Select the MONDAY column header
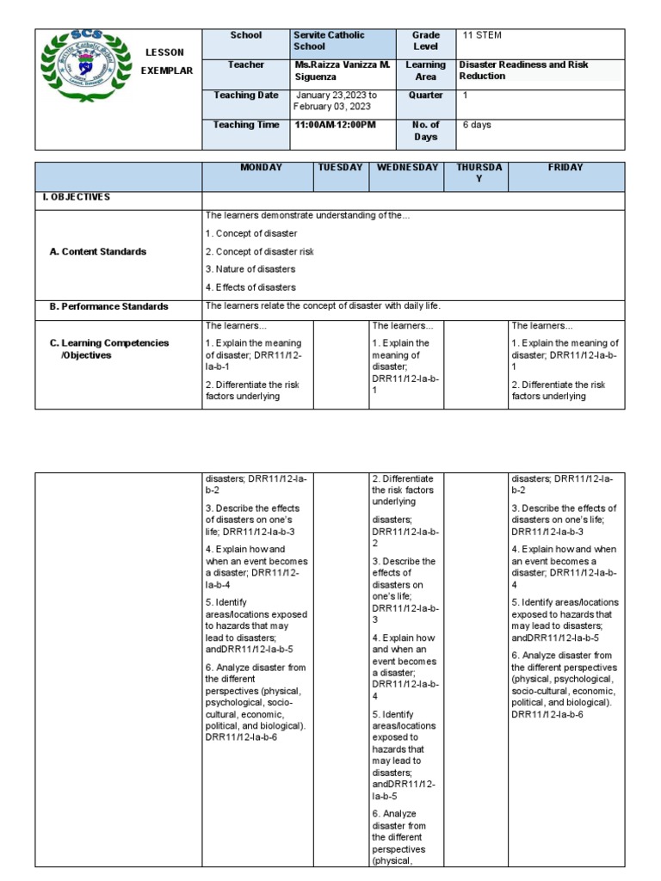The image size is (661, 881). tap(261, 168)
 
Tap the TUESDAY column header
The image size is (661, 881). tap(340, 168)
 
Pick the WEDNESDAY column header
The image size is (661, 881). tap(407, 168)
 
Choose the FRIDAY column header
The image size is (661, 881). tap(565, 168)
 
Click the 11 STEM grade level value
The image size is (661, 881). tap(482, 35)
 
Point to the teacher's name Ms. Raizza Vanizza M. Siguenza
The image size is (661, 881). tap(342, 71)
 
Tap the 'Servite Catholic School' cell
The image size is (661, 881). tap(329, 41)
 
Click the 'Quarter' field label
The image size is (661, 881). tap(426, 95)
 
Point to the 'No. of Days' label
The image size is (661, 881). tap(426, 131)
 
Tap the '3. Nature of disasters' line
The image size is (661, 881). tap(250, 269)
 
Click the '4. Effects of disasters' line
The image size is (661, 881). tap(250, 287)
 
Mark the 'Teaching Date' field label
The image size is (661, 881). tap(246, 95)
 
